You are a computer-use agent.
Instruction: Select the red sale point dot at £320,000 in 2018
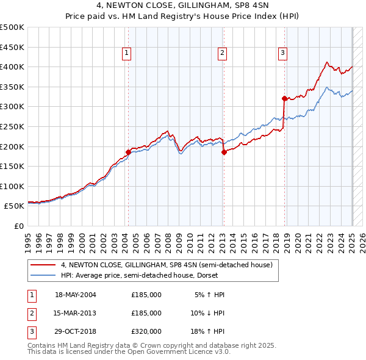point(284,98)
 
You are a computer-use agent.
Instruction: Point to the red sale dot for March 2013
point(224,153)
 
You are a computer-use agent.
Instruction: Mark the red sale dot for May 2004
point(128,152)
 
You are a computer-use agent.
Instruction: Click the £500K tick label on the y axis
point(12,27)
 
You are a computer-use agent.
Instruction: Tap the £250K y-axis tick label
point(12,126)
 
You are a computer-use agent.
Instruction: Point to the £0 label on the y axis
point(18,226)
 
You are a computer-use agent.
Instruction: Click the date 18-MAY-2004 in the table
point(76,295)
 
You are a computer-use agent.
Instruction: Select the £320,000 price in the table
point(146,331)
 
